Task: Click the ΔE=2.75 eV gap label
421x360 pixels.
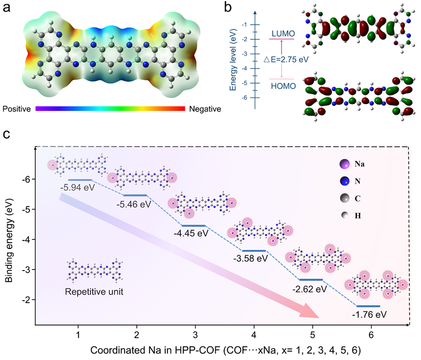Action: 286,59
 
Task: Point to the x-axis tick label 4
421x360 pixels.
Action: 254,335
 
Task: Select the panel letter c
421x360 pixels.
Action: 6,134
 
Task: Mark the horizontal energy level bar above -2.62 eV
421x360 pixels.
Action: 310,279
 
